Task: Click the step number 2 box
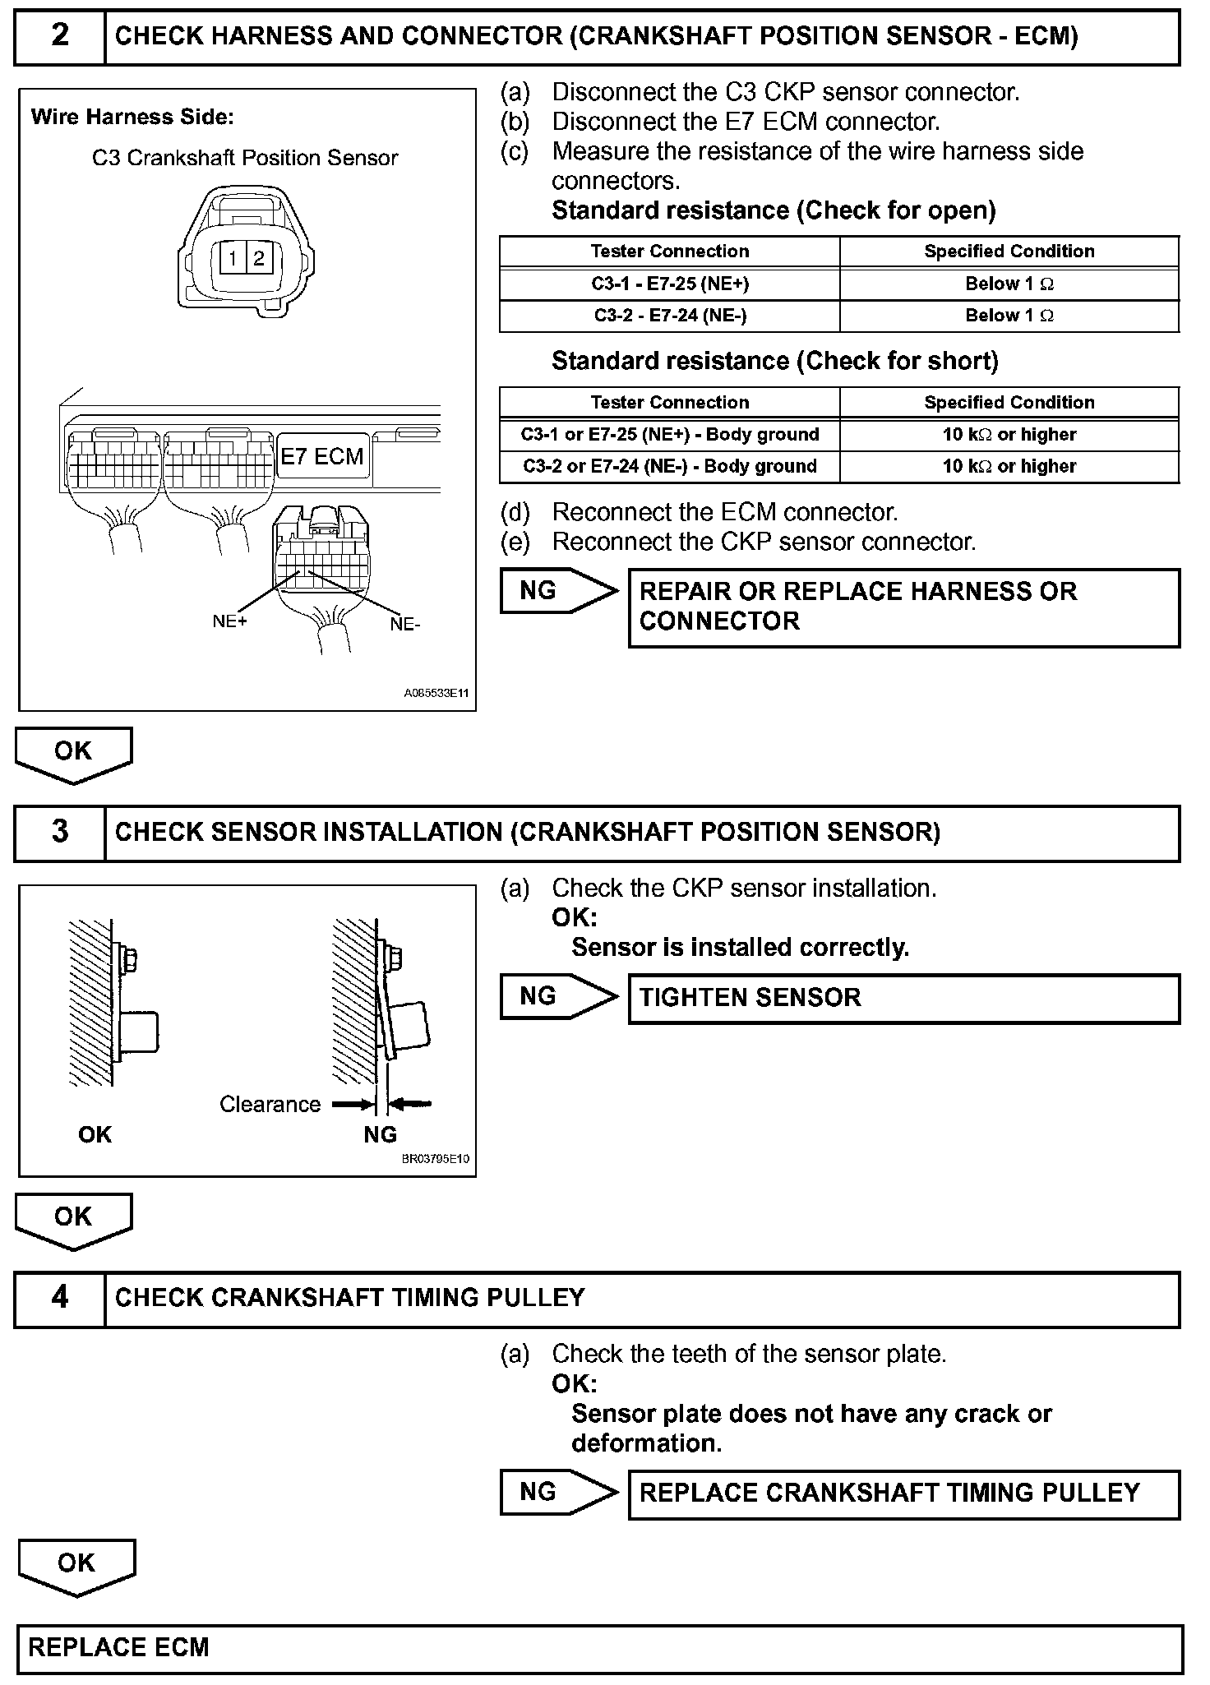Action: tap(60, 36)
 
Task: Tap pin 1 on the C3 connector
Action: tap(233, 259)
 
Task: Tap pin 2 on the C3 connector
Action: tap(258, 259)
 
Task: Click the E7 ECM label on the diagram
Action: tap(321, 457)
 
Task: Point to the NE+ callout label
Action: tap(229, 621)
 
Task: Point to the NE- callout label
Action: tap(405, 625)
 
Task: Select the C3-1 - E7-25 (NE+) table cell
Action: tap(669, 284)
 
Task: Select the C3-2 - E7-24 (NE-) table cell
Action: tap(669, 316)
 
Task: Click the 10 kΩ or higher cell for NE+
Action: tap(1009, 435)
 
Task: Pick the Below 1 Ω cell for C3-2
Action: tap(1009, 316)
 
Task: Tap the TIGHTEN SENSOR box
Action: tap(903, 998)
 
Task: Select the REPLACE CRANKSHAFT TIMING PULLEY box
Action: tap(903, 1493)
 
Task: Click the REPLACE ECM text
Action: tap(119, 1647)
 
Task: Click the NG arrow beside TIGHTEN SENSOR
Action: tap(557, 997)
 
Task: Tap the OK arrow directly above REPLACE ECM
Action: tap(76, 1564)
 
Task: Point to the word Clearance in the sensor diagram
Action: tap(270, 1104)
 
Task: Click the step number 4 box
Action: tap(60, 1298)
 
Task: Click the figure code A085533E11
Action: tap(436, 694)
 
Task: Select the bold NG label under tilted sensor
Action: tap(380, 1134)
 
